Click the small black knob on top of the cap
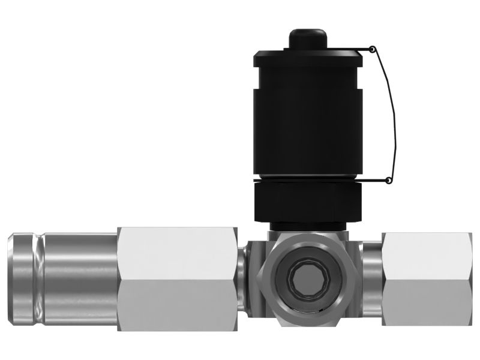coord(307,40)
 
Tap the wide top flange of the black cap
coord(307,59)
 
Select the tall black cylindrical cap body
coord(307,120)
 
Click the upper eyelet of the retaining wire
coord(372,49)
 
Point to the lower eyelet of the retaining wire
coord(388,180)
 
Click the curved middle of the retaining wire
coord(394,114)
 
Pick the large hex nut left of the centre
coord(178,279)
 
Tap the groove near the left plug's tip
coord(39,279)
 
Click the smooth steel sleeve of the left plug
coord(81,279)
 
